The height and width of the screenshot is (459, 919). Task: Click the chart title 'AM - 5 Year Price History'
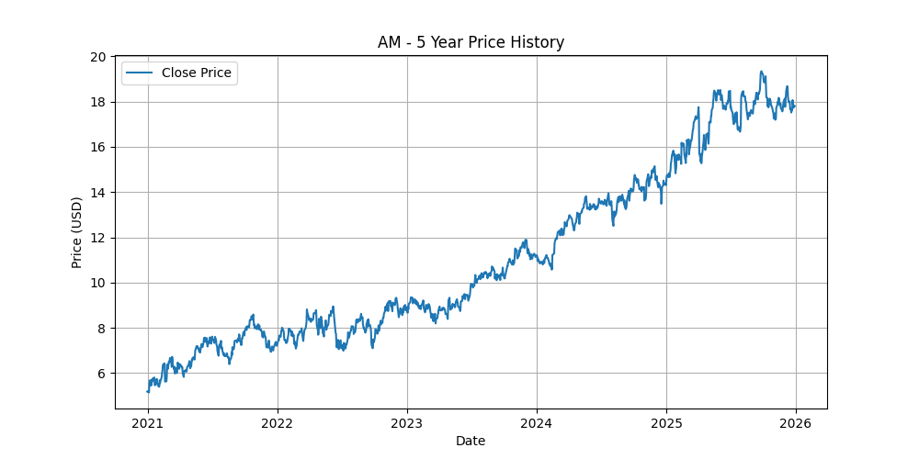coord(471,42)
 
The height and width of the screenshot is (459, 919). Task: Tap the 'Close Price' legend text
coord(196,73)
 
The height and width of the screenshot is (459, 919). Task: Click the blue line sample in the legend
coord(140,73)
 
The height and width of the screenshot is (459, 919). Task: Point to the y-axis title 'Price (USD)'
coord(77,232)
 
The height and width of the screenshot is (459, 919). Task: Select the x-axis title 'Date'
coord(471,441)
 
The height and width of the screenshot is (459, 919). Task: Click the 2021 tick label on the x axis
coord(148,423)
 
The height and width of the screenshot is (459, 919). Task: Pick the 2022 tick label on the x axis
coord(278,423)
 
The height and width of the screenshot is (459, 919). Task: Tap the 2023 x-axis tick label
coord(407,423)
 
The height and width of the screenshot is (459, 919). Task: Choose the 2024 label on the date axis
coord(536,423)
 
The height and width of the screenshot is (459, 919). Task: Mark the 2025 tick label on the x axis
coord(666,423)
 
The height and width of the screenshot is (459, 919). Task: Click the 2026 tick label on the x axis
coord(796,423)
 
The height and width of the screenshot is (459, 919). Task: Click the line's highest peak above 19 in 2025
coord(761,72)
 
